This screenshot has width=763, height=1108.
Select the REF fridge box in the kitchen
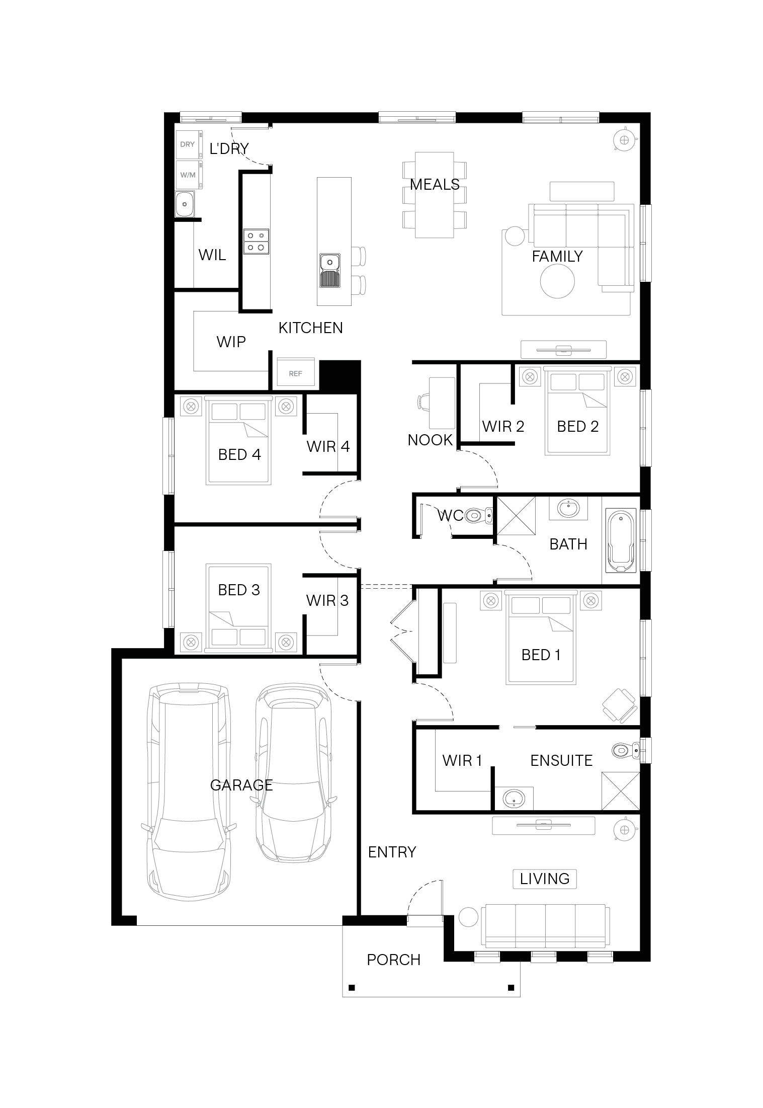click(295, 373)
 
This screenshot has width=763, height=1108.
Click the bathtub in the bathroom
click(622, 541)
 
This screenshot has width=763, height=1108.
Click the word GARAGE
click(241, 785)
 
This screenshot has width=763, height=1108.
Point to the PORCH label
click(393, 960)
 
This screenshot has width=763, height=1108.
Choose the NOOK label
click(430, 440)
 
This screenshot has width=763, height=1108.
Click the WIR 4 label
click(328, 446)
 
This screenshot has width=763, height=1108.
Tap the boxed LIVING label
click(545, 879)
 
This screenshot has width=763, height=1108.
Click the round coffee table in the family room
click(557, 281)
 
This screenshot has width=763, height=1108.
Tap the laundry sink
click(185, 204)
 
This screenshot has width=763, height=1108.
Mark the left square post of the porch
click(352, 987)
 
